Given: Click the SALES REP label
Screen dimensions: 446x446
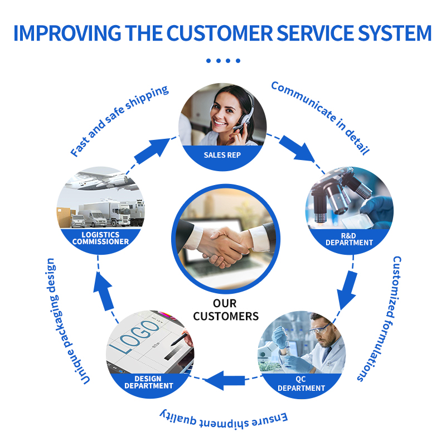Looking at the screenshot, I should click(x=222, y=154).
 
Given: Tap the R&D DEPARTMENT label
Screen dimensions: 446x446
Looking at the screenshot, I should click(x=349, y=239).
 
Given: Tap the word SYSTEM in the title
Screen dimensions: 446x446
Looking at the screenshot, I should click(x=390, y=33).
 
